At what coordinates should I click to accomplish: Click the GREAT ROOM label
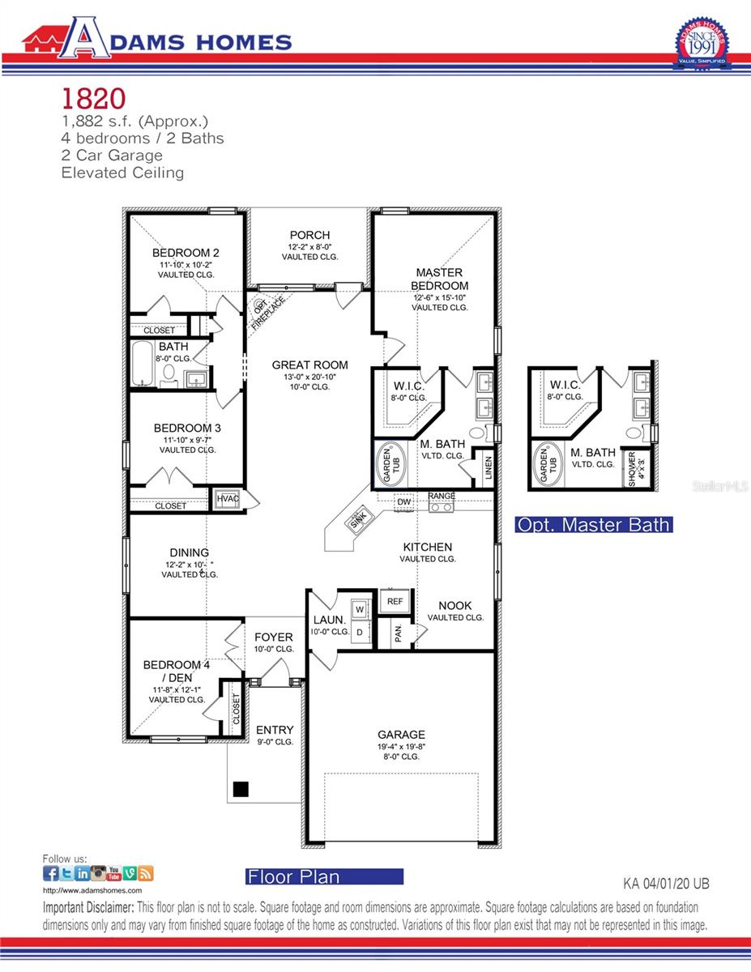[309, 365]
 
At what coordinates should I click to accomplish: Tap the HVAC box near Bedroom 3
[228, 499]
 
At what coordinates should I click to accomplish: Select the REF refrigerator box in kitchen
[395, 601]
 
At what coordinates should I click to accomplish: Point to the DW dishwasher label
[404, 503]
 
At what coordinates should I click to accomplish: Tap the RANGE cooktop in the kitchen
[442, 505]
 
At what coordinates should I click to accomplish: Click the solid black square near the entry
[240, 788]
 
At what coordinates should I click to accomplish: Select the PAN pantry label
[398, 634]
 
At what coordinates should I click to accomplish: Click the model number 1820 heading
[94, 99]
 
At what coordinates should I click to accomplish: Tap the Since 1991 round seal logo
[701, 45]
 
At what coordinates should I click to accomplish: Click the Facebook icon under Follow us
[50, 873]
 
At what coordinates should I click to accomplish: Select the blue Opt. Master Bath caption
[594, 525]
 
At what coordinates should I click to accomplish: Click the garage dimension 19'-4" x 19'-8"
[402, 746]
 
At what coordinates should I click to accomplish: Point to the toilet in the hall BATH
[169, 374]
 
